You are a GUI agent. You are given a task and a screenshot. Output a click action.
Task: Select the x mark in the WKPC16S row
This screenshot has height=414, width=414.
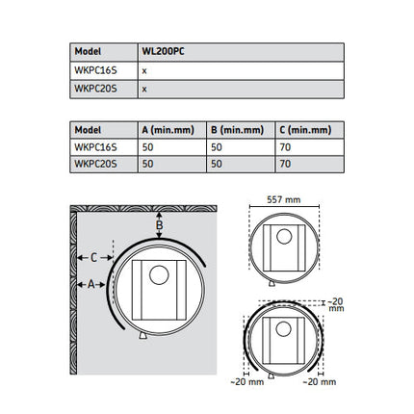(144, 71)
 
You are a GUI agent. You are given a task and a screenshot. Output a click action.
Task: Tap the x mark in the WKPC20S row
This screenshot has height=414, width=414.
(144, 90)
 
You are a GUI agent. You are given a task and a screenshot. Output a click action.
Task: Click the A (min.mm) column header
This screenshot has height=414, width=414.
(168, 130)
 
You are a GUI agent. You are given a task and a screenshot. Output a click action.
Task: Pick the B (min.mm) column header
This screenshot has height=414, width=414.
(238, 130)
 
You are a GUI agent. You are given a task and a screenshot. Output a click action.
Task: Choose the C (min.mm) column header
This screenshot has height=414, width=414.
(305, 130)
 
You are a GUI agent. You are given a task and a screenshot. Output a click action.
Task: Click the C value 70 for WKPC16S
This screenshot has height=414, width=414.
(285, 147)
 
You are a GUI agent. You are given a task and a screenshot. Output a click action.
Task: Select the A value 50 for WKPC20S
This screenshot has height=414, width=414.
(147, 164)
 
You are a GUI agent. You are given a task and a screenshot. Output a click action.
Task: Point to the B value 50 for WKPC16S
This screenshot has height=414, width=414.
(217, 147)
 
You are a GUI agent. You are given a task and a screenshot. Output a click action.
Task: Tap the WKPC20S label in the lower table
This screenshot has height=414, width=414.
(95, 164)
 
